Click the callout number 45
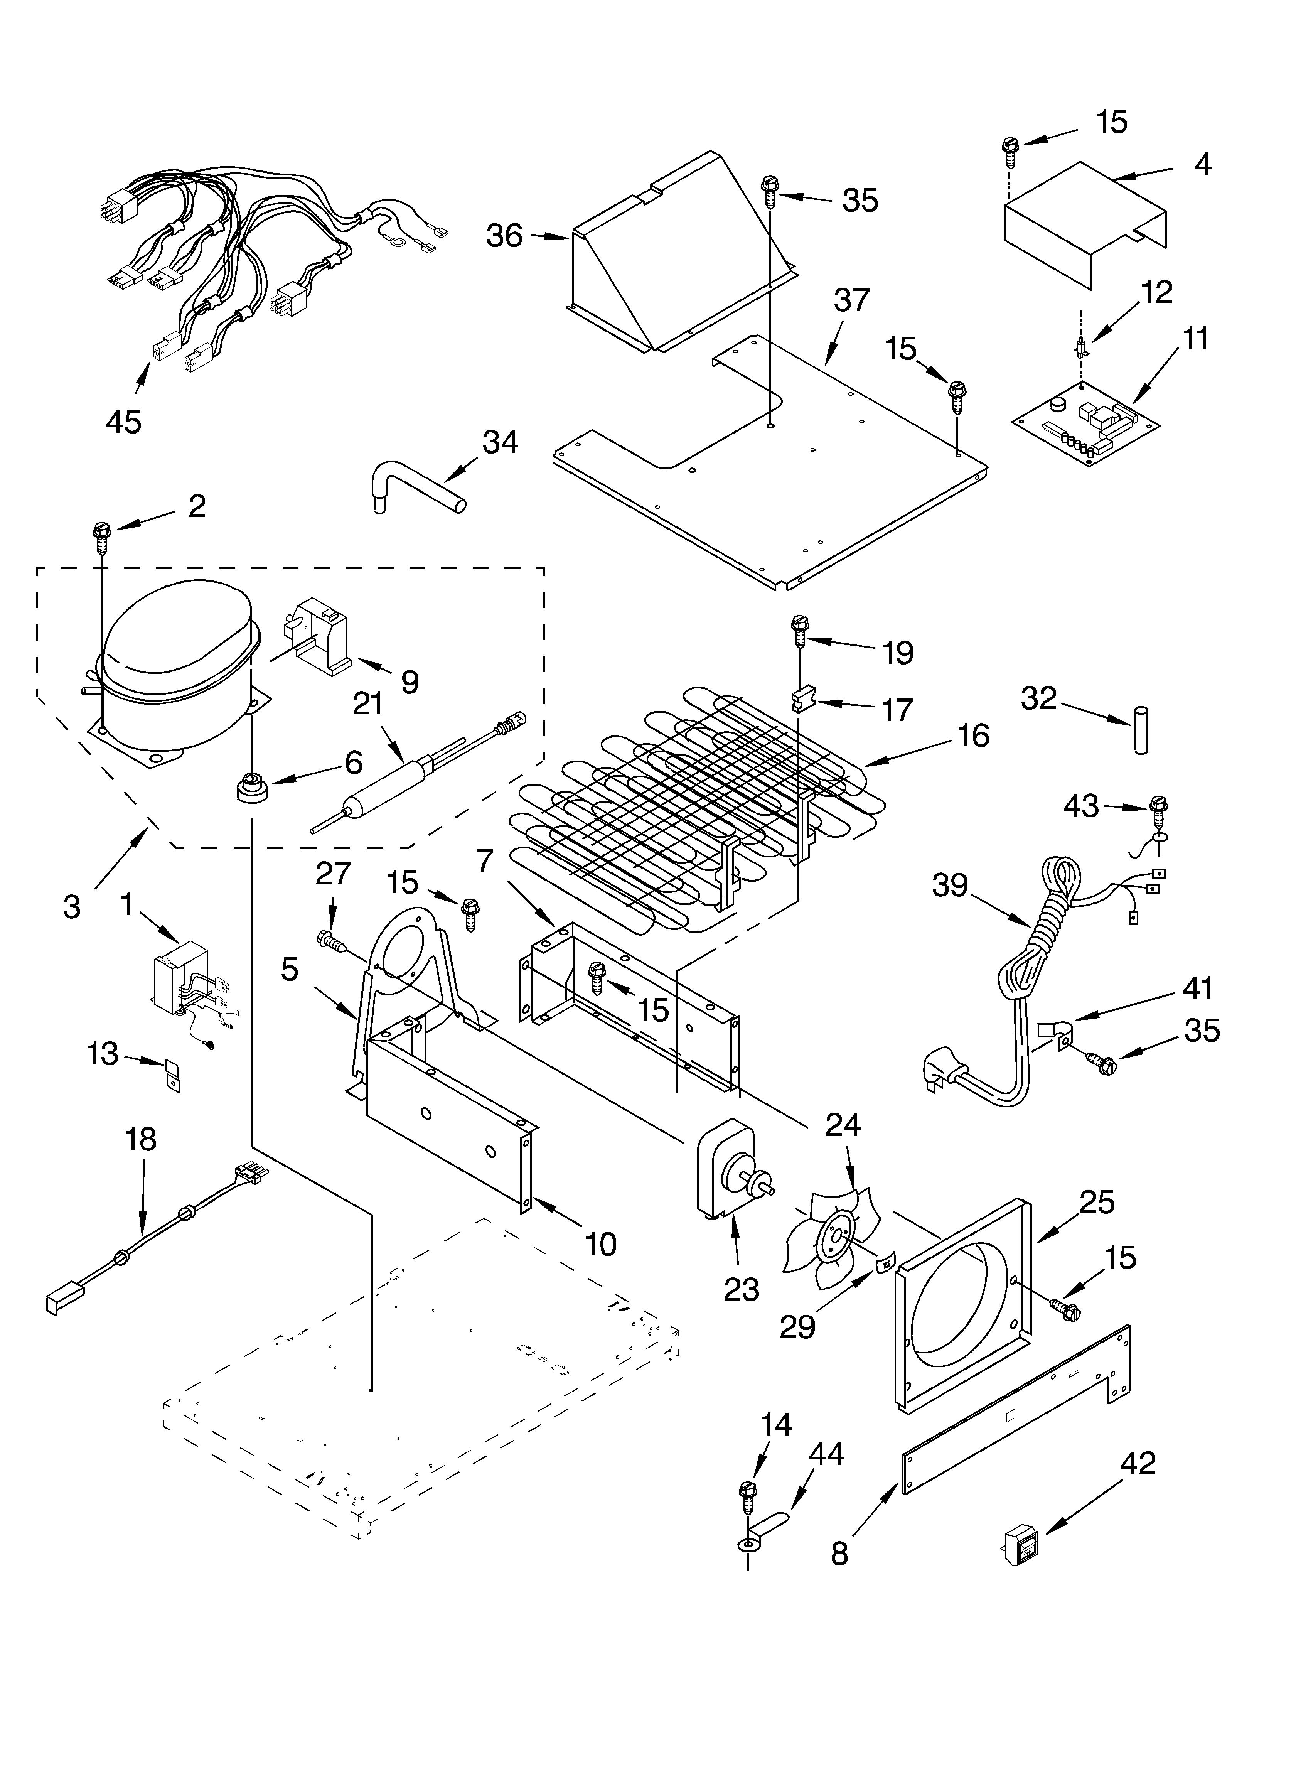pos(123,422)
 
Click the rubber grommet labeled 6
pos(251,786)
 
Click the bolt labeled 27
pos(330,940)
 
